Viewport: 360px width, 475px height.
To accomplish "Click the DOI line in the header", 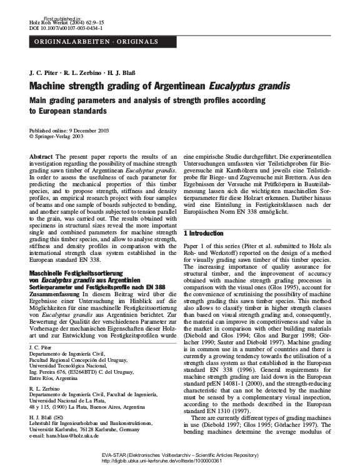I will coord(59,27).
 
